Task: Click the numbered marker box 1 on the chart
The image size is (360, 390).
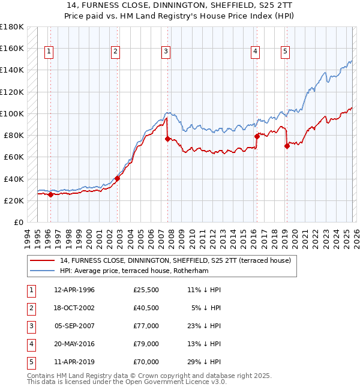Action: (x=49, y=52)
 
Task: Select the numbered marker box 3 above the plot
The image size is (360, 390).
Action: (x=165, y=52)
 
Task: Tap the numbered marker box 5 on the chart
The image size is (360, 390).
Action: (x=285, y=52)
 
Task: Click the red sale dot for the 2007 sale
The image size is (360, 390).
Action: (x=167, y=139)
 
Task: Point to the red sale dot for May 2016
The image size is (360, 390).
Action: (x=257, y=136)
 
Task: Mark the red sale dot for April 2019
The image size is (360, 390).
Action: (x=287, y=146)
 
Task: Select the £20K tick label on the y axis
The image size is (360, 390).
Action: (x=14, y=200)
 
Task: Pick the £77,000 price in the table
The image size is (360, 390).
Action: (x=146, y=326)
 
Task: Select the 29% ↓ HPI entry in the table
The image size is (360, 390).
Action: (x=204, y=362)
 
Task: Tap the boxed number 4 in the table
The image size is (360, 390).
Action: (x=31, y=344)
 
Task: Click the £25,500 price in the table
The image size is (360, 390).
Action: (x=146, y=290)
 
